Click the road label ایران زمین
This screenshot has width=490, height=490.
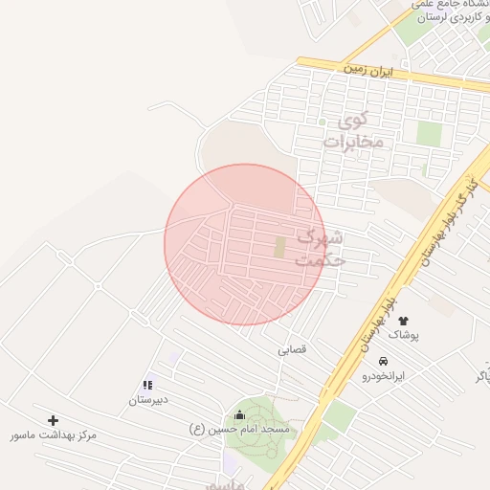368,71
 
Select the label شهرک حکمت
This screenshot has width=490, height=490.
320,247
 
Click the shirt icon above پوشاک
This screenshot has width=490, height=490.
403,321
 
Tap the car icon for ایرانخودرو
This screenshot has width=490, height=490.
383,362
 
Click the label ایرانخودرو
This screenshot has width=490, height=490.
383,376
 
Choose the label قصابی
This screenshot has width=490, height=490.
292,350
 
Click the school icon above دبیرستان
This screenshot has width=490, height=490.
148,385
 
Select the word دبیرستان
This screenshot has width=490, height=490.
148,399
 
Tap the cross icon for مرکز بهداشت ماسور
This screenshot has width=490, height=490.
53,420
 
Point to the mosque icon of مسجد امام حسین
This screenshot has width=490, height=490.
239,415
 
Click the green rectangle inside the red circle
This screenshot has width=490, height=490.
280,247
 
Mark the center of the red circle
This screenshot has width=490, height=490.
245,244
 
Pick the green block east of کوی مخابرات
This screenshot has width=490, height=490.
429,134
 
